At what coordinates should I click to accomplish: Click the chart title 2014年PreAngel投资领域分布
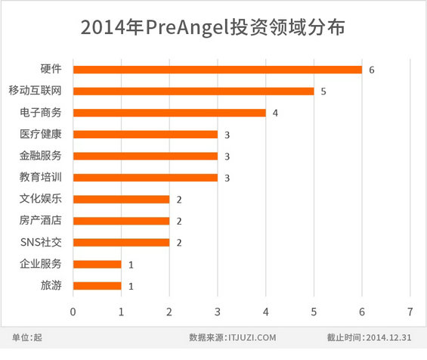click(213, 29)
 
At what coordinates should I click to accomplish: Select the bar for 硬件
click(218, 70)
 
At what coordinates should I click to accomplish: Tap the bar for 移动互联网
click(193, 92)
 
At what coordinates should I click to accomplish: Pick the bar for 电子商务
click(169, 113)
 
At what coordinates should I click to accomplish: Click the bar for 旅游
click(97, 286)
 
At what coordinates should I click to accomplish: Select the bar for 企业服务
click(97, 265)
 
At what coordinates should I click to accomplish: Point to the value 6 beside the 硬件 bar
click(372, 70)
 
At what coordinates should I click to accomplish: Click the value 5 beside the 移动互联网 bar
click(323, 92)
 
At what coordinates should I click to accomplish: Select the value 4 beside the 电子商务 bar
click(275, 113)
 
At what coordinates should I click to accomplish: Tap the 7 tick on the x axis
click(410, 312)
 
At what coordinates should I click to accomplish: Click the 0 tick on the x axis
click(73, 312)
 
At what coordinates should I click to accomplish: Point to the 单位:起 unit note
click(28, 337)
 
